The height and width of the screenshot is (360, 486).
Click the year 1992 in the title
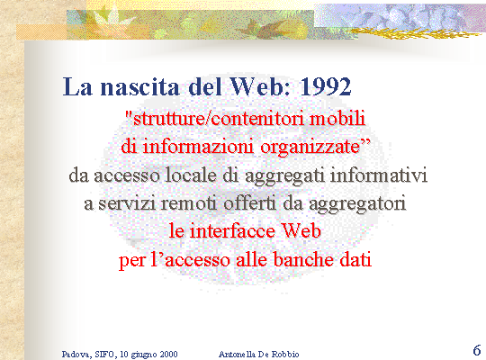pyautogui.click(x=326, y=86)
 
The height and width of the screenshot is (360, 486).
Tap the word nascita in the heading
pyautogui.click(x=139, y=86)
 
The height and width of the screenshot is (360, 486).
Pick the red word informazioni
pyautogui.click(x=198, y=147)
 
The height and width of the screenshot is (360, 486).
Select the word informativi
pyautogui.click(x=378, y=175)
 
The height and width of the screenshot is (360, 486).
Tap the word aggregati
pyautogui.click(x=284, y=176)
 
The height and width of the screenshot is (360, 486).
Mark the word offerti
pyautogui.click(x=249, y=203)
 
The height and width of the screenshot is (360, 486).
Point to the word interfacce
pyautogui.click(x=232, y=231)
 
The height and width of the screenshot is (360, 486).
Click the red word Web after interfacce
pyautogui.click(x=301, y=231)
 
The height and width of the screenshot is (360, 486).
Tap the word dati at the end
pyautogui.click(x=355, y=259)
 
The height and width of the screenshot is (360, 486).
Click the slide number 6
pyautogui.click(x=477, y=350)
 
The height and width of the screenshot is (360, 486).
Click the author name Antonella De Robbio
pyautogui.click(x=259, y=354)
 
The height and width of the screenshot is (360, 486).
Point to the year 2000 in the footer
pyautogui.click(x=169, y=354)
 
